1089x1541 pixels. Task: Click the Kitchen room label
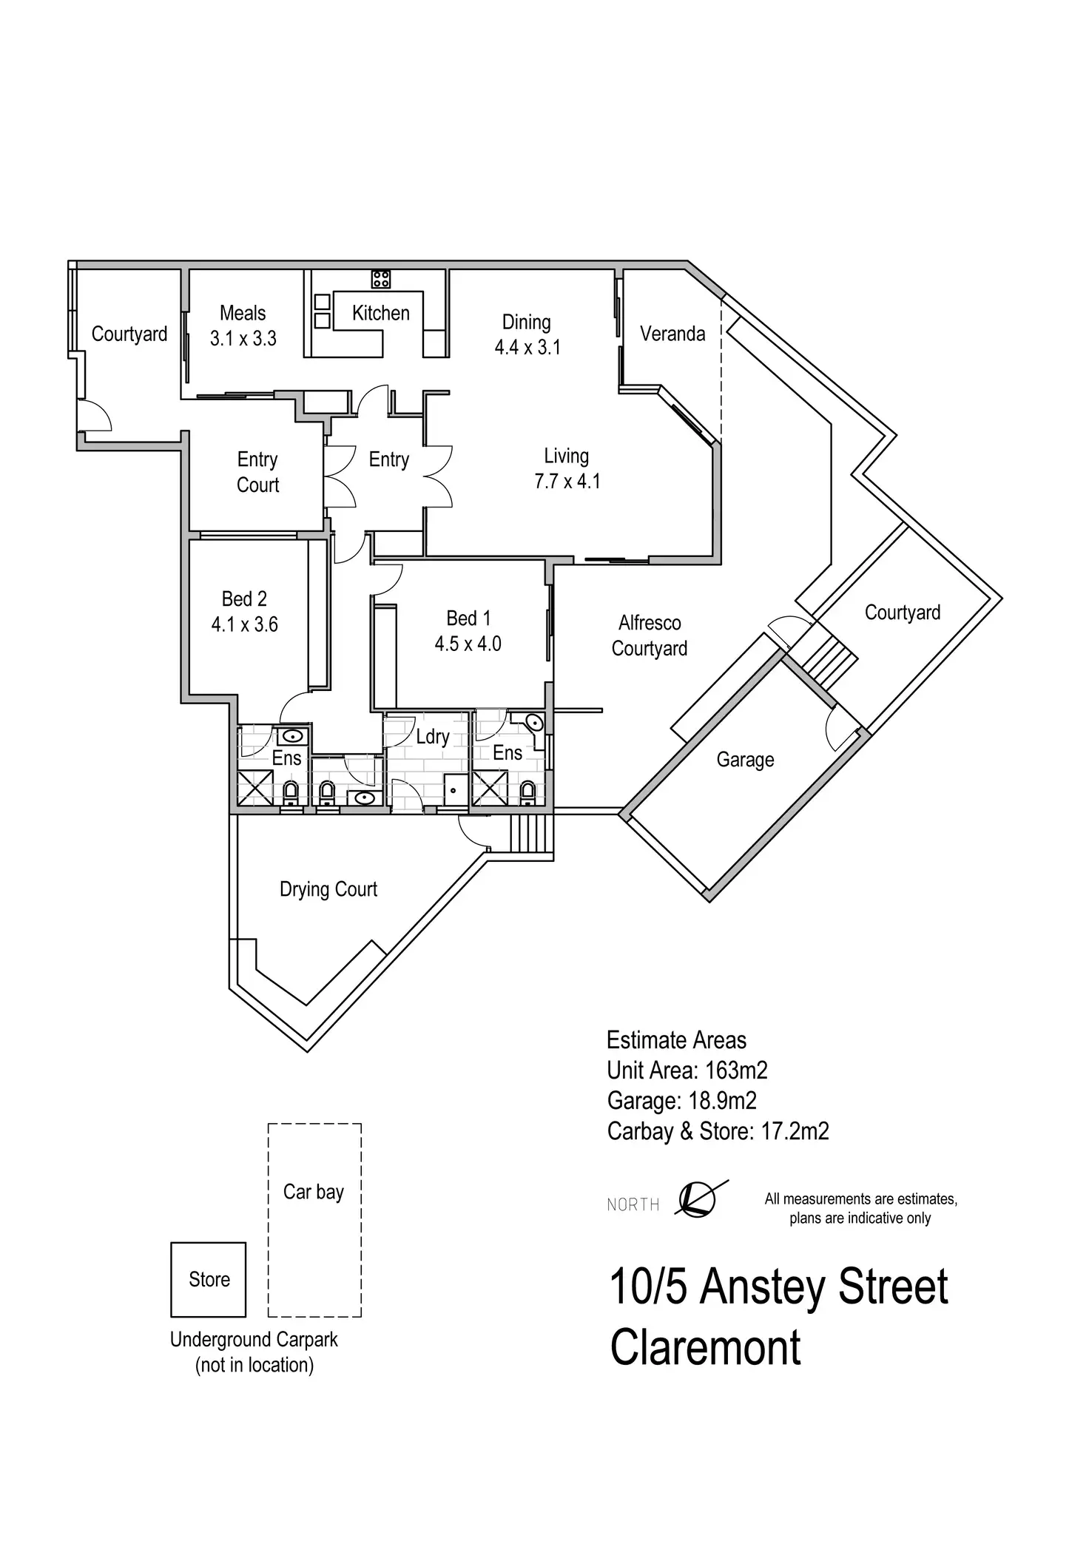pos(380,313)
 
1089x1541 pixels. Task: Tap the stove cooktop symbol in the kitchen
pos(381,279)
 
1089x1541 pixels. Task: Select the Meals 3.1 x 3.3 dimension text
pos(243,339)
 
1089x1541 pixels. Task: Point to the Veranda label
pos(672,334)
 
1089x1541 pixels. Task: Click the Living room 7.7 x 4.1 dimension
pos(567,482)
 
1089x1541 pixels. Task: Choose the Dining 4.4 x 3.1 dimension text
pos(527,347)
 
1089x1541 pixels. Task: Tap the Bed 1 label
pos(468,618)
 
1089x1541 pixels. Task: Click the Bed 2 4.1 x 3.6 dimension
pos(245,625)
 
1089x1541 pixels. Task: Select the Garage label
pos(745,760)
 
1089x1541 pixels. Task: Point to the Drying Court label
pos(328,889)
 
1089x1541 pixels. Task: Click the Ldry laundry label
pos(433,737)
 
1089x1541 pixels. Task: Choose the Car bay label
pos(314,1192)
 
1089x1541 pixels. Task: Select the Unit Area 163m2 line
pos(687,1070)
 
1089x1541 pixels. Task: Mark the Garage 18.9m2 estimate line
pos(681,1101)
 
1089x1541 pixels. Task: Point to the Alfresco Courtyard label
pos(650,635)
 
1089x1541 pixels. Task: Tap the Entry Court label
pos(257,472)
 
